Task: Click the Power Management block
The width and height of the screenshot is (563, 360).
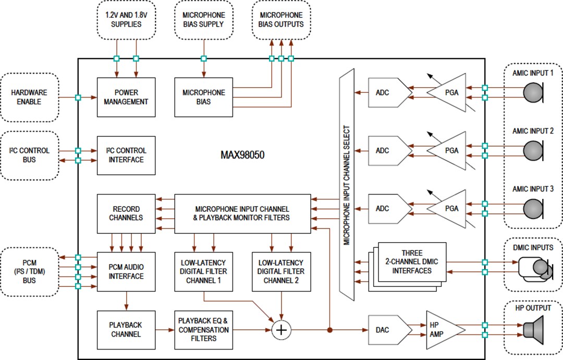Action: [x=126, y=97]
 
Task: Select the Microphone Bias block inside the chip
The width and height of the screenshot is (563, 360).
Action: [x=203, y=97]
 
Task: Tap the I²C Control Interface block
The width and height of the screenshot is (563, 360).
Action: [x=126, y=155]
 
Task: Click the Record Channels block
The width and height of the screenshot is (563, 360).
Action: [x=126, y=213]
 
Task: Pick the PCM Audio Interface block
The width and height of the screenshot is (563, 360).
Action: [x=126, y=271]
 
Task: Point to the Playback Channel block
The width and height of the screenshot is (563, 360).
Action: [x=126, y=330]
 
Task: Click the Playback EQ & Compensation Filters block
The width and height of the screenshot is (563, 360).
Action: [x=203, y=330]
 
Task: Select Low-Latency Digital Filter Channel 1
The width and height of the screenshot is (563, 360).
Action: [x=203, y=271]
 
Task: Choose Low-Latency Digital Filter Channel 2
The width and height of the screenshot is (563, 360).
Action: [x=281, y=271]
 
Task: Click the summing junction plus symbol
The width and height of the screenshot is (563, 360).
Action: [x=281, y=330]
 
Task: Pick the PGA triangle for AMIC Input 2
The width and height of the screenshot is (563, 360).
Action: [x=448, y=151]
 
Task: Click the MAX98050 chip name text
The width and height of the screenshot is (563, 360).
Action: [x=242, y=155]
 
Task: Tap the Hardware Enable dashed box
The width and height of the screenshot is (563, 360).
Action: [x=29, y=97]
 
